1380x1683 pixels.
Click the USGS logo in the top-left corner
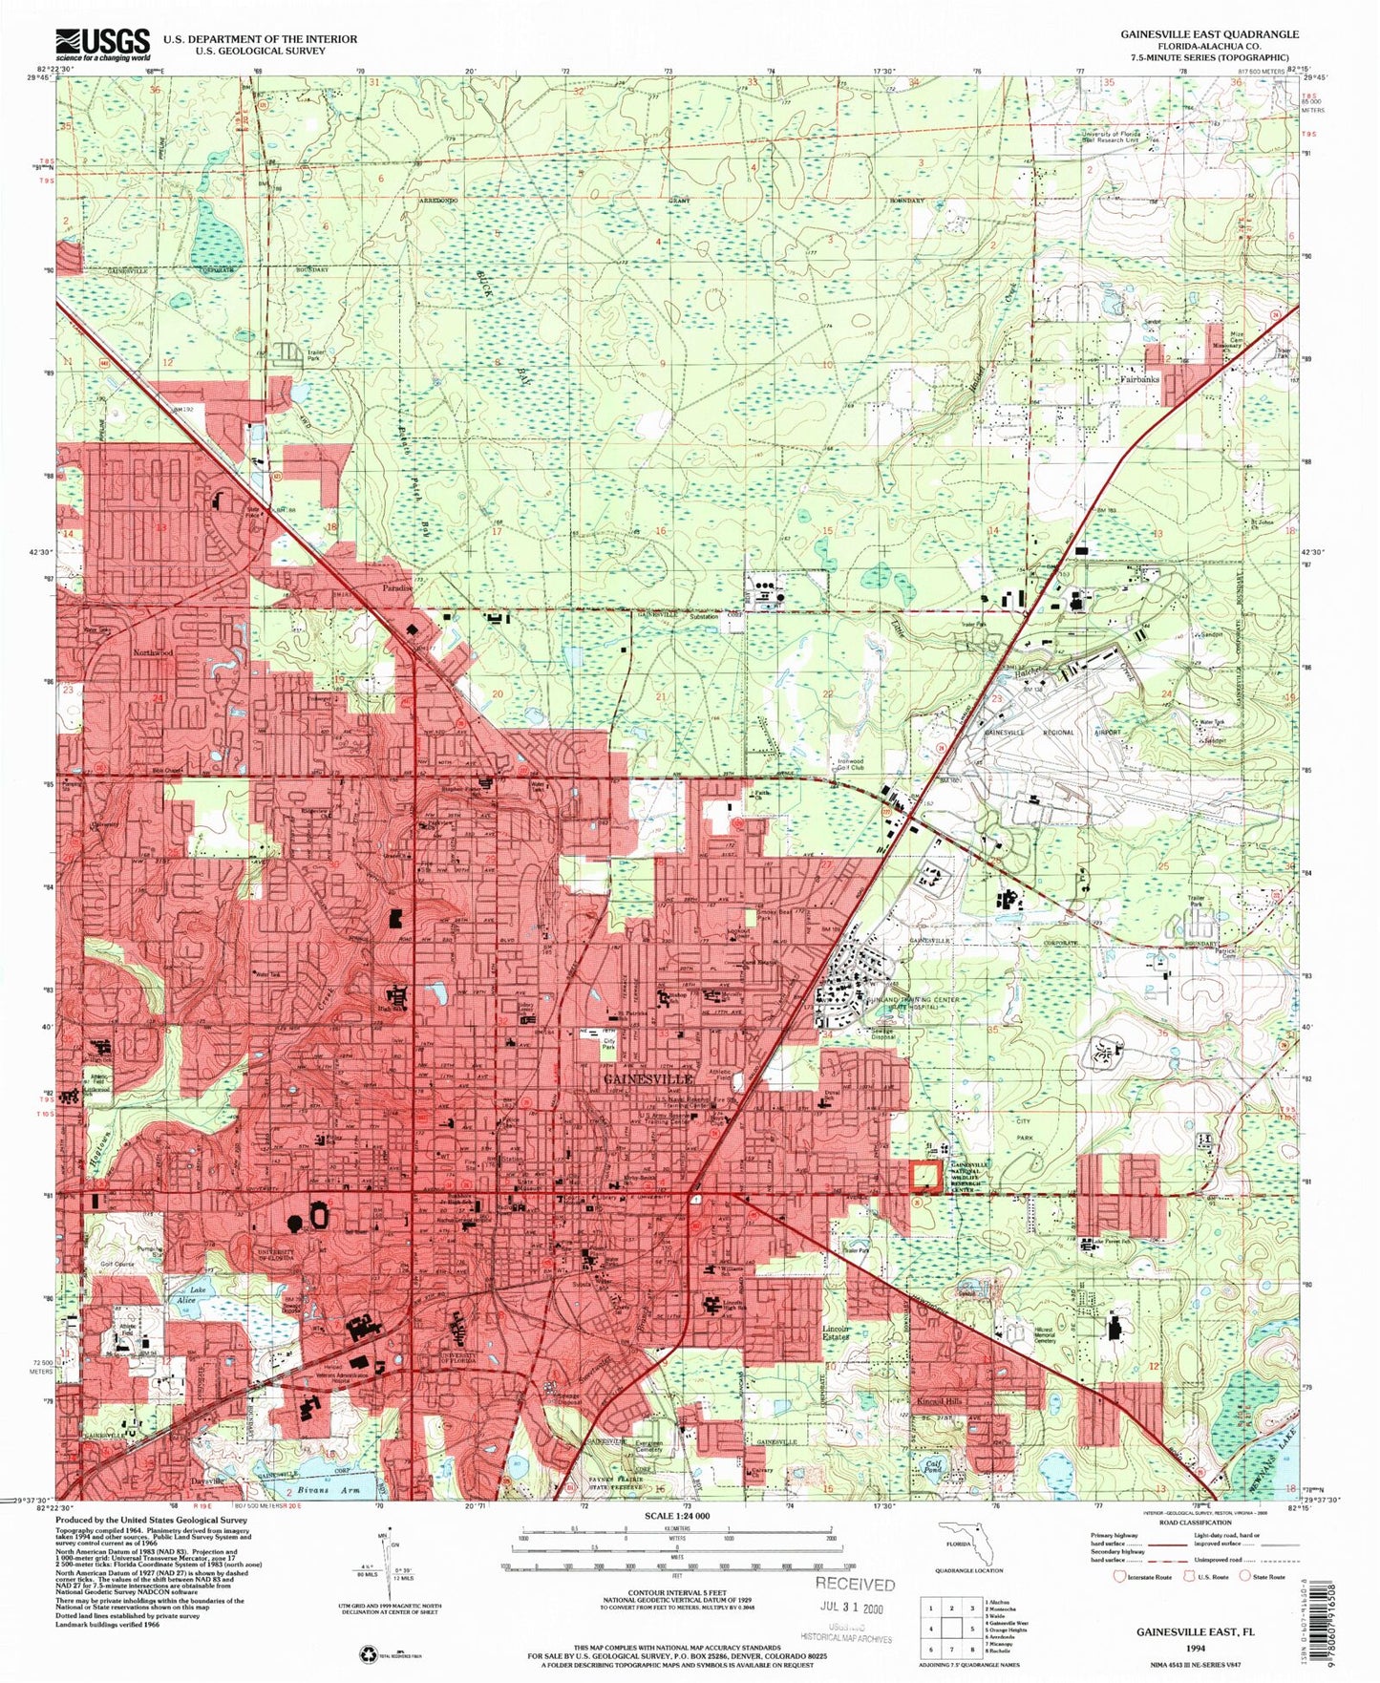(103, 43)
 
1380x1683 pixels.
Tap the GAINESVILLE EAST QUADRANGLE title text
(1210, 33)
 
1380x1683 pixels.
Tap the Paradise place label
(398, 588)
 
